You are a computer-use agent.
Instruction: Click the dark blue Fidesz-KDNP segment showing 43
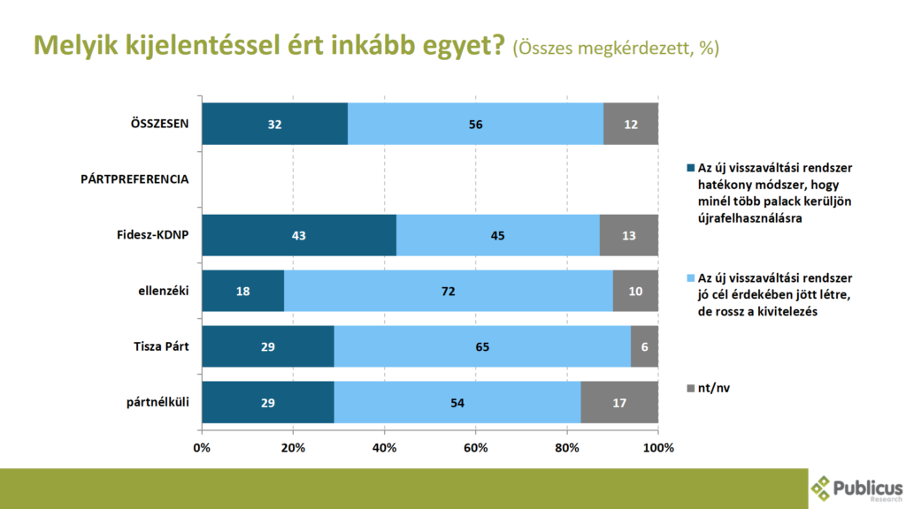point(299,234)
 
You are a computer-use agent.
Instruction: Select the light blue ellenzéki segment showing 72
point(448,291)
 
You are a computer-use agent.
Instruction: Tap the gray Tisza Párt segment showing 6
point(644,346)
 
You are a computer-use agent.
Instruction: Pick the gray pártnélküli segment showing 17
point(619,402)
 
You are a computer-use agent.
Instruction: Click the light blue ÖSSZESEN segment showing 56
point(476,124)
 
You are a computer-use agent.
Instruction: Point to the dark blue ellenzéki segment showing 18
point(242,291)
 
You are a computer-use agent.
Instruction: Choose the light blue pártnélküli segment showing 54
point(457,402)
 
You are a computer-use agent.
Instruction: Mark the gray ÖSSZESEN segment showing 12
point(631,124)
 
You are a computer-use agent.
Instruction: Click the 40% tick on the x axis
point(385,447)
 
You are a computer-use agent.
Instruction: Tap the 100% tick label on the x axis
point(657,447)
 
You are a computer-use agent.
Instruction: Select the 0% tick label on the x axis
point(202,447)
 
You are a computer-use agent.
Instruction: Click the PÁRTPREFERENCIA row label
point(134,179)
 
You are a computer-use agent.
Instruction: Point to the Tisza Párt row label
point(158,346)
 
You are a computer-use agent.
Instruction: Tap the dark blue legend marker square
point(690,167)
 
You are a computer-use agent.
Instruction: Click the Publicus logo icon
point(821,487)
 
